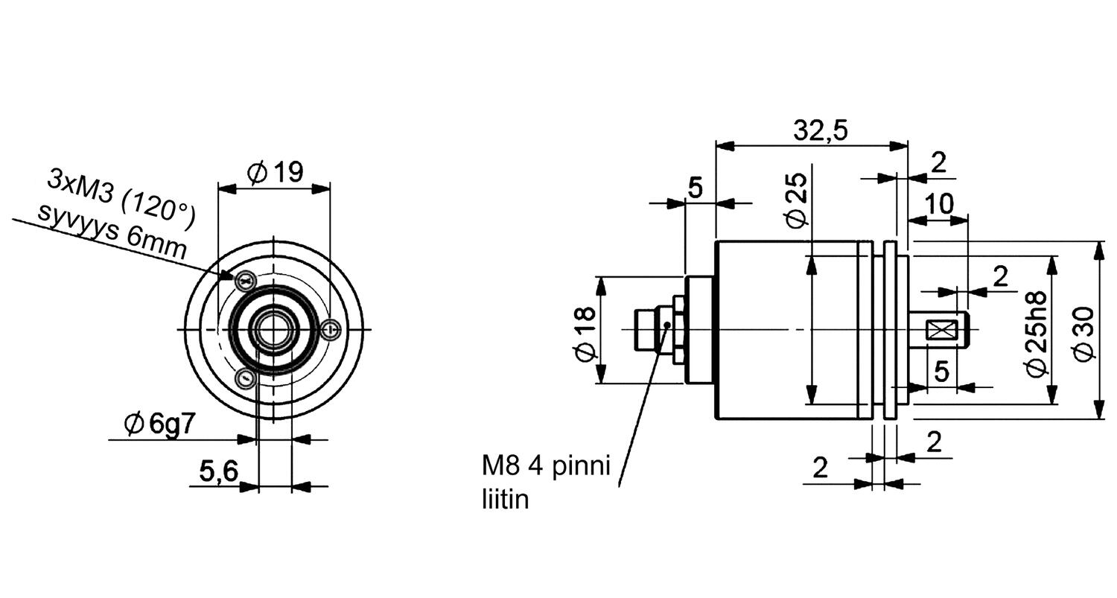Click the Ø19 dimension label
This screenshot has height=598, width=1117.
[275, 173]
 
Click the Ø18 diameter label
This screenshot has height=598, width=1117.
[586, 332]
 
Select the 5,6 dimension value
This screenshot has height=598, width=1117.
[218, 471]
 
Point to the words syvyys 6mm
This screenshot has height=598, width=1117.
[112, 229]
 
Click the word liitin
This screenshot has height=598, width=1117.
[505, 499]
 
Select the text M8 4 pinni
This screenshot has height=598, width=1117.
[546, 466]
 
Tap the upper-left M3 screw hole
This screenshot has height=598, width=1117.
[245, 281]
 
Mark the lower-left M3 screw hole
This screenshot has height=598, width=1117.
[244, 378]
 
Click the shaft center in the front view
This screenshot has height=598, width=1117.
[273, 328]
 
